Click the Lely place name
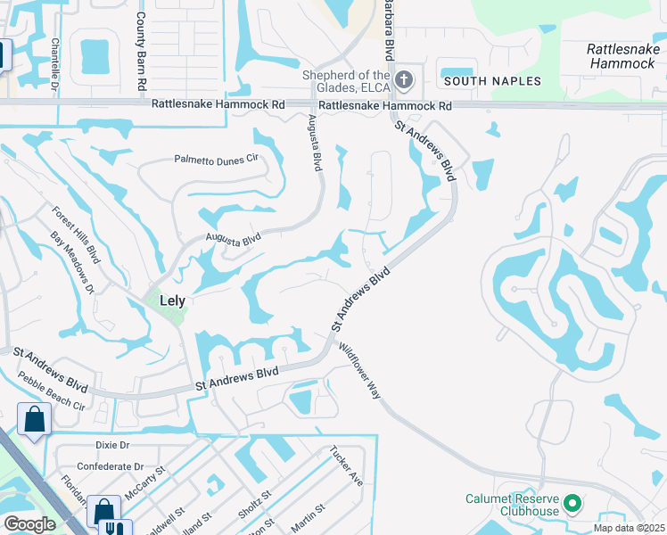tap(172, 300)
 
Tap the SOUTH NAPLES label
tap(492, 81)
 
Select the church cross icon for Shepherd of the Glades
tap(404, 80)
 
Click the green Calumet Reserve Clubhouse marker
tap(573, 505)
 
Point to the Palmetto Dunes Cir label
tap(216, 160)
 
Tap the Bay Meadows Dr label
tap(71, 263)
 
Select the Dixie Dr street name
tap(111, 444)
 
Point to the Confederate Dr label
tap(110, 466)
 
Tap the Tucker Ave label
tap(346, 465)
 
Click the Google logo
tap(29, 524)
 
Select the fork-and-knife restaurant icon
tap(115, 527)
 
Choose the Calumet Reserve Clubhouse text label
tap(512, 505)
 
